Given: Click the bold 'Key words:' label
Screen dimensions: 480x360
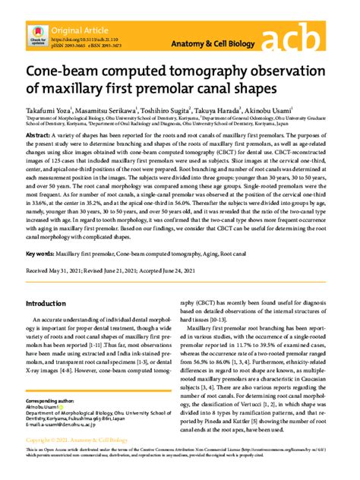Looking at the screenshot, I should pos(43,252).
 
